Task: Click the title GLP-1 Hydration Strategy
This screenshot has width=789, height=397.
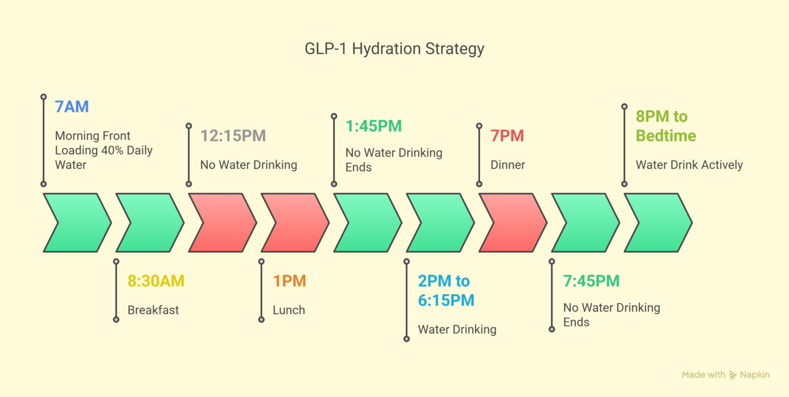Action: (394, 49)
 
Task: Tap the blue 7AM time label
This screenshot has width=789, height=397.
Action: (72, 107)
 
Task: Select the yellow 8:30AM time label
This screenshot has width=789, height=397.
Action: (156, 281)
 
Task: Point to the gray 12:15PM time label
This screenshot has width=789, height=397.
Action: (233, 136)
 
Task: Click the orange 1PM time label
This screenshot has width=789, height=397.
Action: (289, 281)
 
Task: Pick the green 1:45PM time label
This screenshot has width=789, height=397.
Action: (373, 126)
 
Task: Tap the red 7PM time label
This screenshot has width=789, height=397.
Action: (507, 136)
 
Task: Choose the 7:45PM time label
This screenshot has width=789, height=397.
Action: (591, 281)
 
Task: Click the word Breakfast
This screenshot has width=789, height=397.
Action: (153, 310)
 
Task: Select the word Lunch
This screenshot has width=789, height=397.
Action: (289, 310)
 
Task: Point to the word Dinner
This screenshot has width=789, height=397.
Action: (507, 165)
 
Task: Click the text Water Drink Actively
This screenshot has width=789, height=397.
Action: (689, 165)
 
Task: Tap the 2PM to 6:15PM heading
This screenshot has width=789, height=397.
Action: (446, 291)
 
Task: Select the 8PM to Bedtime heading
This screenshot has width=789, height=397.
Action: (666, 126)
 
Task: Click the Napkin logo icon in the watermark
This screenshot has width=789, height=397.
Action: (733, 375)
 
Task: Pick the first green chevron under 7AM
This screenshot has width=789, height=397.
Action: (78, 223)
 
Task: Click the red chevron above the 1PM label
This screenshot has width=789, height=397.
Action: (295, 223)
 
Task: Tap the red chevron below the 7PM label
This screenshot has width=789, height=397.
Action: (513, 223)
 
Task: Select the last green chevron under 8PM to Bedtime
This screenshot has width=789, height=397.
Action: (658, 223)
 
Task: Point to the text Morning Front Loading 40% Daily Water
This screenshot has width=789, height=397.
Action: (104, 150)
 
